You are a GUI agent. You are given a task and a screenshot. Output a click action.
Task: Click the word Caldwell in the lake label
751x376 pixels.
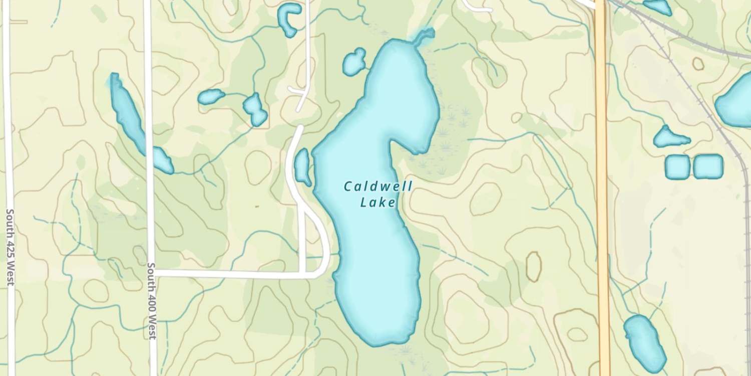click(x=378, y=187)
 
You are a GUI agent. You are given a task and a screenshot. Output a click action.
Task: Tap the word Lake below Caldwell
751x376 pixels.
click(x=378, y=203)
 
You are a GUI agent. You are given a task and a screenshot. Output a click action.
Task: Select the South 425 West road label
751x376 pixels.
click(x=10, y=248)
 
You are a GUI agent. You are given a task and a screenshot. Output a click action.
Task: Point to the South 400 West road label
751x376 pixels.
click(x=152, y=301)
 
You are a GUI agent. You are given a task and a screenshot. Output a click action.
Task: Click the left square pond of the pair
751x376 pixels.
click(x=677, y=167)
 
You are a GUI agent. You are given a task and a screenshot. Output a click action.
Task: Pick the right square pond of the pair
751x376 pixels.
click(x=708, y=166)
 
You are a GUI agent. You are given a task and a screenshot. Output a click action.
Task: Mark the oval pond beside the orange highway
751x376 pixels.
click(x=644, y=342)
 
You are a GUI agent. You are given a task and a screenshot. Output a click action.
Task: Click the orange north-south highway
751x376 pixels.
click(x=602, y=201)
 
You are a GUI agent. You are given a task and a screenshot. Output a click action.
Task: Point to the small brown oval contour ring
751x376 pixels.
click(x=534, y=266)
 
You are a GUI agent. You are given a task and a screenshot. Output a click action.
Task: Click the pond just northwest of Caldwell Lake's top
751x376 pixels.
click(x=354, y=62)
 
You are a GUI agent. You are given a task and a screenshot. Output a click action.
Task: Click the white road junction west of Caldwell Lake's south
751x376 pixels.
click(x=305, y=273)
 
